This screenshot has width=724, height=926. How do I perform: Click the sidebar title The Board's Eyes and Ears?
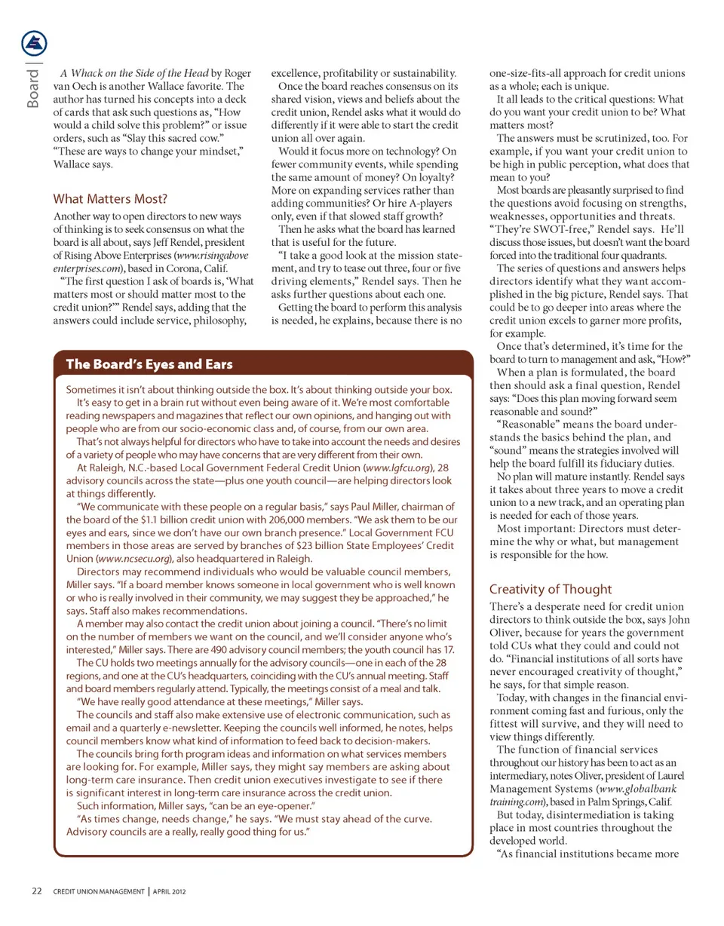tap(150, 364)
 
